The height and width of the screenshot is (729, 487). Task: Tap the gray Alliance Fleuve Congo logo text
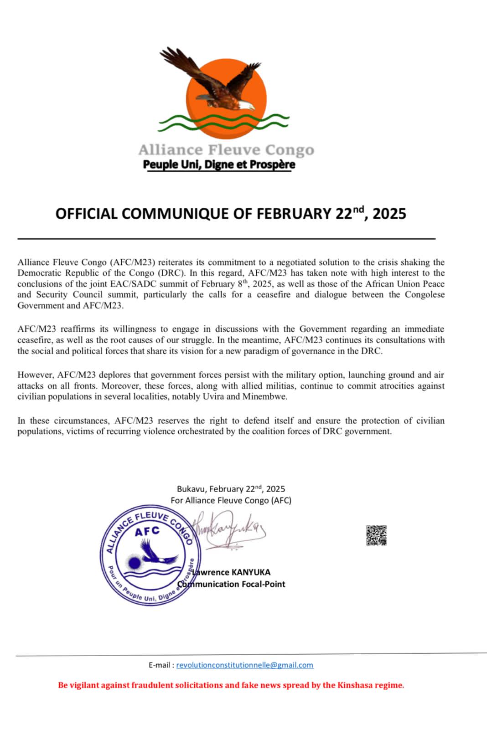click(226, 149)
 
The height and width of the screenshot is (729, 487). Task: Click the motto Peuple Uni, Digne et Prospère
click(219, 164)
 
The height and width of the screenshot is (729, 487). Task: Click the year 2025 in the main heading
click(389, 214)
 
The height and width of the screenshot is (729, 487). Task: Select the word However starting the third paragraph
click(36, 375)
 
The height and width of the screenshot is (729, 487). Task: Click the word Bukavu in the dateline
click(191, 489)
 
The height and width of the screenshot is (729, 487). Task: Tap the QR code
click(376, 535)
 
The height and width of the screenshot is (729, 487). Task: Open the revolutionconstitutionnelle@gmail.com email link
click(245, 665)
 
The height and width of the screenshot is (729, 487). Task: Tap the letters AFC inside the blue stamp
click(147, 531)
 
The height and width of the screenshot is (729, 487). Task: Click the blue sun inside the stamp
click(134, 563)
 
